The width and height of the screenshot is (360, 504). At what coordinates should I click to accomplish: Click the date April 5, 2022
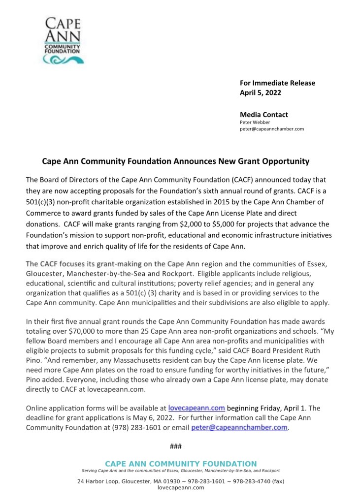point(261,93)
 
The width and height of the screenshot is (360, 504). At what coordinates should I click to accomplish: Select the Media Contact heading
point(264,115)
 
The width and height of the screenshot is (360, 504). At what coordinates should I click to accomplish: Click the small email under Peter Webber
point(271,129)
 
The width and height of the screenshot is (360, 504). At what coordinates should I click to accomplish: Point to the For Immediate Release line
point(277,83)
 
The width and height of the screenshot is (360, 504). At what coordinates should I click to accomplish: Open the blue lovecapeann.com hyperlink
point(196,408)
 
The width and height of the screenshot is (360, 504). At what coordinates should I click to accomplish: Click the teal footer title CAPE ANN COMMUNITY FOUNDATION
point(181,464)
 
